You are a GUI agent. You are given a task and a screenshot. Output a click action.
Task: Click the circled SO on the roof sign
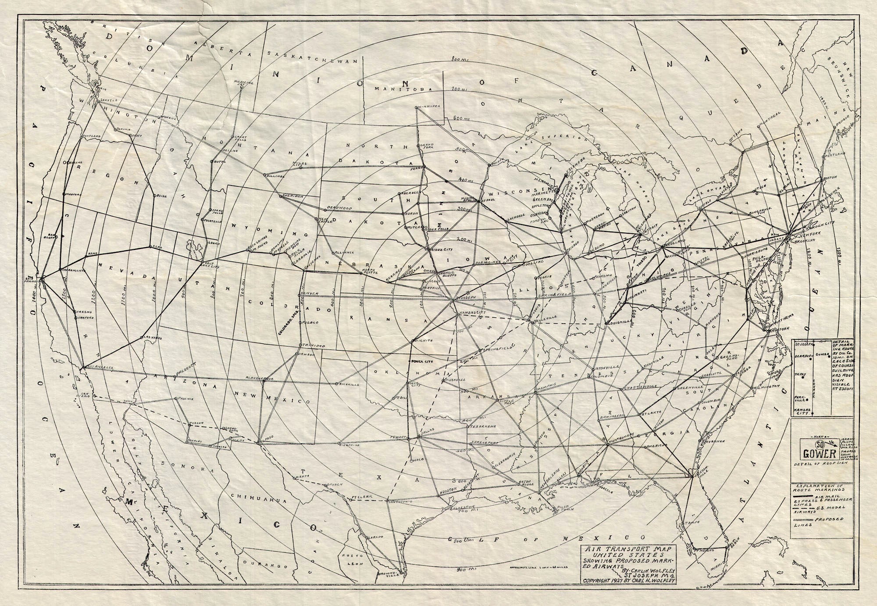[819, 443]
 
